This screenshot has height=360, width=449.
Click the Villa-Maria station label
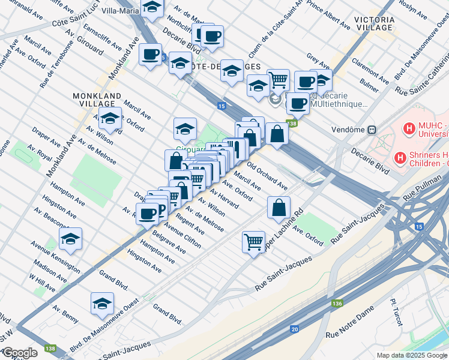point(116,10)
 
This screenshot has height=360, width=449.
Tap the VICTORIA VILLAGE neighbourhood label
point(374,23)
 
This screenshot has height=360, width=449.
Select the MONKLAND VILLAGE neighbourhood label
point(97,100)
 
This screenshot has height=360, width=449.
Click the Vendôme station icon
point(372,129)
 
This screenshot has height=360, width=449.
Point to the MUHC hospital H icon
point(411,128)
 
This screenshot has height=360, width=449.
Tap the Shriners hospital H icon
point(400,157)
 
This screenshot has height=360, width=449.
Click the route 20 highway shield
point(294,329)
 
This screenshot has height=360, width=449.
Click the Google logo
point(19,352)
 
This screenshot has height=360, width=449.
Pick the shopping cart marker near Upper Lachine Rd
point(254,242)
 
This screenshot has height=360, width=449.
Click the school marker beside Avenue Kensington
point(70,239)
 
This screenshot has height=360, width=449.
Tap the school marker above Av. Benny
point(102,304)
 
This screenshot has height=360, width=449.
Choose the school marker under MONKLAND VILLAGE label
point(110,119)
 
